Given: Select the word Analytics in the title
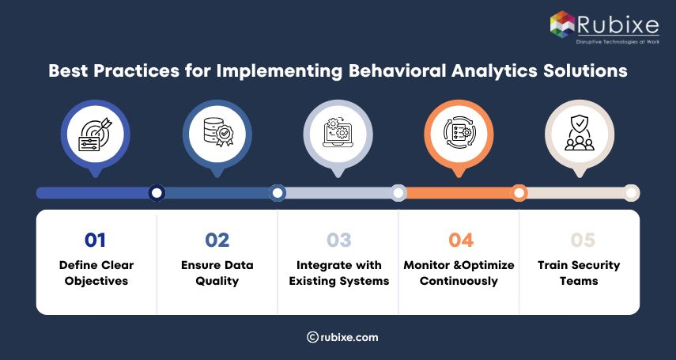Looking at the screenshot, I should coord(516,70).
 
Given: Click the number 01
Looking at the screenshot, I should coord(96,241).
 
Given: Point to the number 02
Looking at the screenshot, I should coord(217,241).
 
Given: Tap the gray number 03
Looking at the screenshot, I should coord(338,241).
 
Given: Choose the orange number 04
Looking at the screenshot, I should coord(459,241).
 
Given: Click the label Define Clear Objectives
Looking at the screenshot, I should coord(96,273).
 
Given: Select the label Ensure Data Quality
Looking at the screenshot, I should coord(217,273).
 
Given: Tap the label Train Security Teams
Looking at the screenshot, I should coord(580,273).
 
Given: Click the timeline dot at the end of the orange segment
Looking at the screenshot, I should coord(519,193).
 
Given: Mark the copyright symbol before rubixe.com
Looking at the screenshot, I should coord(312,337).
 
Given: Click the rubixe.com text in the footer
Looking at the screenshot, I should coord(349,337).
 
